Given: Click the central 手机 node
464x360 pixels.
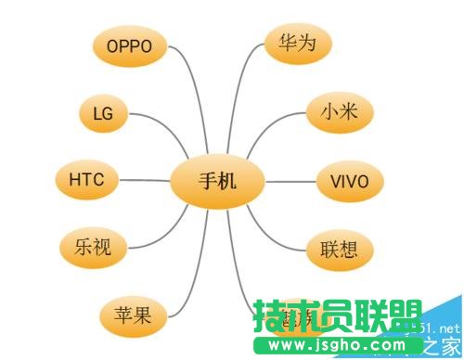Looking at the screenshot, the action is [x=218, y=180].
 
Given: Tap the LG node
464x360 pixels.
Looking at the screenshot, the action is [x=103, y=113].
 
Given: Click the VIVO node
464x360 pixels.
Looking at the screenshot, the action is [x=350, y=180].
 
